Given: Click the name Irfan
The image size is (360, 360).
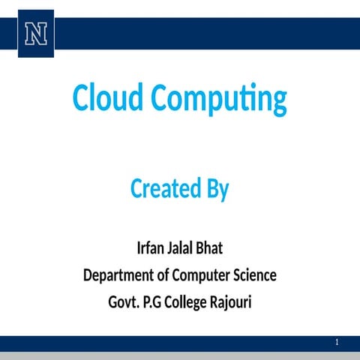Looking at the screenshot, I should [x=152, y=248].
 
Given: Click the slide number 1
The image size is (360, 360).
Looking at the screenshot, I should [x=337, y=343].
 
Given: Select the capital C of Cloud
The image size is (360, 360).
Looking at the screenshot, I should [x=79, y=98].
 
